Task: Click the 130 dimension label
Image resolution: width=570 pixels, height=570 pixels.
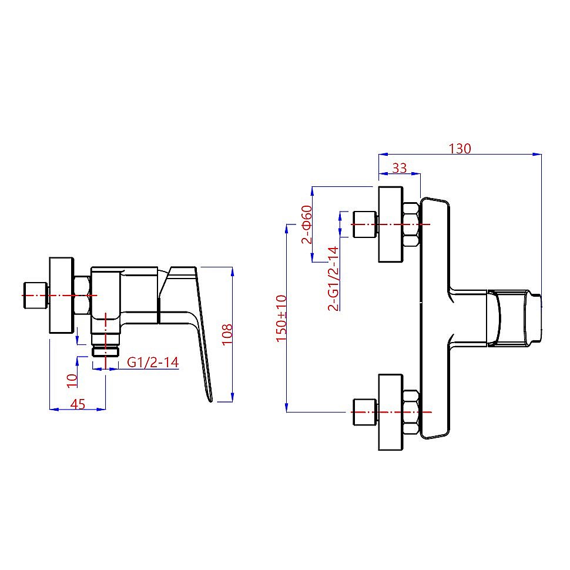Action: point(460,149)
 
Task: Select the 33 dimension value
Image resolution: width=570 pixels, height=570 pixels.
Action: point(400,168)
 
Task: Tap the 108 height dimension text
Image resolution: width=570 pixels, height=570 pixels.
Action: point(227,334)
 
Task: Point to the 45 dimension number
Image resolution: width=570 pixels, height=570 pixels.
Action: point(78,404)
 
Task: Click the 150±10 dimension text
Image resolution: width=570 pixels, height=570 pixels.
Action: point(281,318)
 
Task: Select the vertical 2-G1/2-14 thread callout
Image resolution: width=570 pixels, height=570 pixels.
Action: point(333,278)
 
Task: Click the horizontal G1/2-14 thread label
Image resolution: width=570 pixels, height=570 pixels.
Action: point(153,363)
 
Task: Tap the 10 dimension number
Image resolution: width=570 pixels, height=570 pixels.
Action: point(72,381)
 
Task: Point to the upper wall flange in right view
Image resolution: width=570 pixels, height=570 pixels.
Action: point(391,224)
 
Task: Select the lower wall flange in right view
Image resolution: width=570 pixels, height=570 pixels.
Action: point(391,413)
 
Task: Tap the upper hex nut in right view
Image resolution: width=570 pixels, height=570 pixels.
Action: point(411,224)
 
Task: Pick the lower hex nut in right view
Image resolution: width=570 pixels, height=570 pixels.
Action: point(411,413)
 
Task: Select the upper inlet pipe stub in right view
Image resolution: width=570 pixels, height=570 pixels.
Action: point(364,224)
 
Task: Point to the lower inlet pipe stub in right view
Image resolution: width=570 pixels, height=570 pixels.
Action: point(364,413)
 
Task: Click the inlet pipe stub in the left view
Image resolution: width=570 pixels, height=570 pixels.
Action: point(34,296)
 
